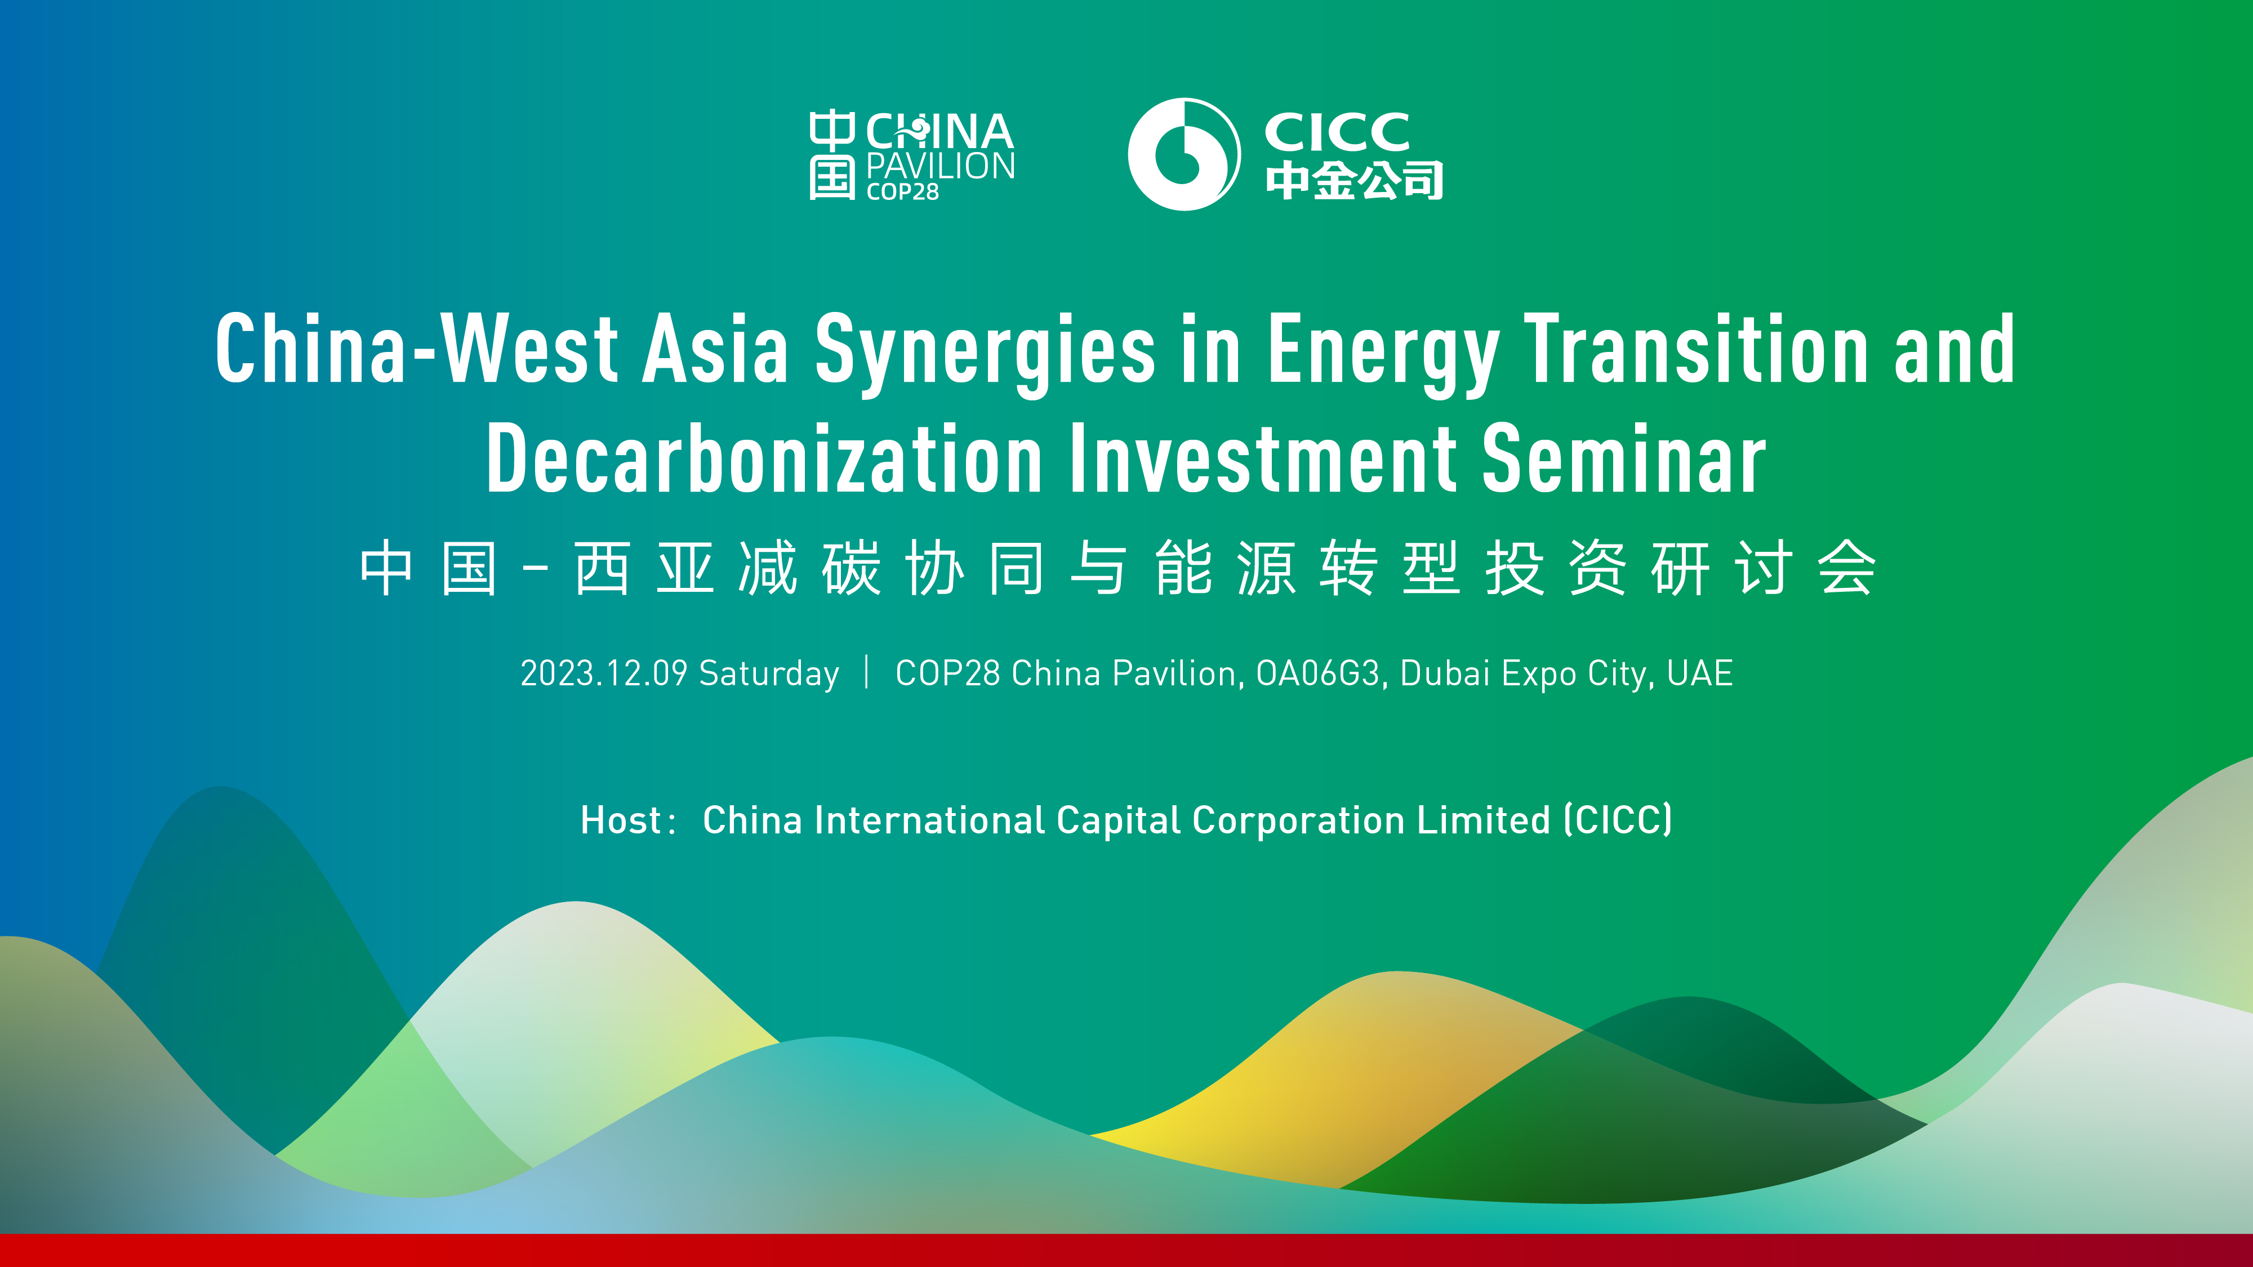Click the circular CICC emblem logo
click(x=1183, y=154)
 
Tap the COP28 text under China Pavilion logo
click(x=902, y=191)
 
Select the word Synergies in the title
click(x=985, y=350)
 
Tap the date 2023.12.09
click(x=603, y=673)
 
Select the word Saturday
click(x=769, y=673)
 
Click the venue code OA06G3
click(x=1317, y=673)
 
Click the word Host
click(x=621, y=820)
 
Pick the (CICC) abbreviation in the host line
click(x=1618, y=820)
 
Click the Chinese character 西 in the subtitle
click(x=602, y=568)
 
